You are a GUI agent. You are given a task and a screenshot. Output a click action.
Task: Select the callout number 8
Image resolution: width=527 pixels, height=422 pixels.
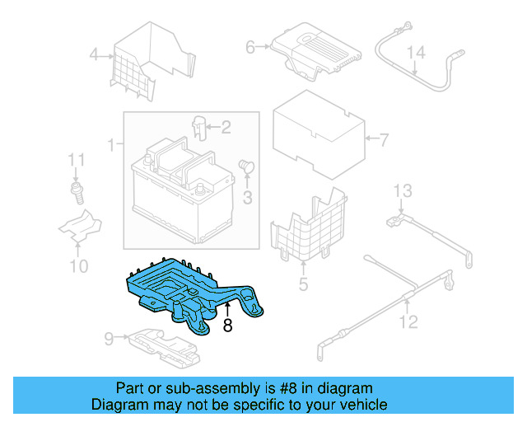pos(227,326)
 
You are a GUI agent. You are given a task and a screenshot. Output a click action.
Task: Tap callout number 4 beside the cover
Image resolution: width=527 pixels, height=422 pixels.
pos(94,56)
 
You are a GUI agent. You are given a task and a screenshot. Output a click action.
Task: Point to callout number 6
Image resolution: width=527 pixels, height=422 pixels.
pos(250,48)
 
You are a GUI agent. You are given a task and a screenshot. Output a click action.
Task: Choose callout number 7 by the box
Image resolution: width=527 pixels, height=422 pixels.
pos(382,138)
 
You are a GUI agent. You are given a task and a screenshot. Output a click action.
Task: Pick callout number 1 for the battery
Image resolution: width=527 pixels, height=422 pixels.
pos(111,147)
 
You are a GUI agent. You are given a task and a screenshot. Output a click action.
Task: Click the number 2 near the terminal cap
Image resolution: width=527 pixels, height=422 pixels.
pos(225,127)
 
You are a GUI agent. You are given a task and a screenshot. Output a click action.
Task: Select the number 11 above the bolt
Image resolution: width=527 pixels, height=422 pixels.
pos(76,159)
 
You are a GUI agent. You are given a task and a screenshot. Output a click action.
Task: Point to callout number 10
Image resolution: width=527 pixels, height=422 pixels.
pos(78,265)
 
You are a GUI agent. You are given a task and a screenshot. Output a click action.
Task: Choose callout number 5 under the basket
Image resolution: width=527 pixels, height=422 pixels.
pos(303,285)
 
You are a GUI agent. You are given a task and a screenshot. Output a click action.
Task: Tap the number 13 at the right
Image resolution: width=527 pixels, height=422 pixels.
pos(401,192)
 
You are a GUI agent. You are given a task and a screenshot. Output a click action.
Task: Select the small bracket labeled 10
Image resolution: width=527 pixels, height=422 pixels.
pos(79,227)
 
